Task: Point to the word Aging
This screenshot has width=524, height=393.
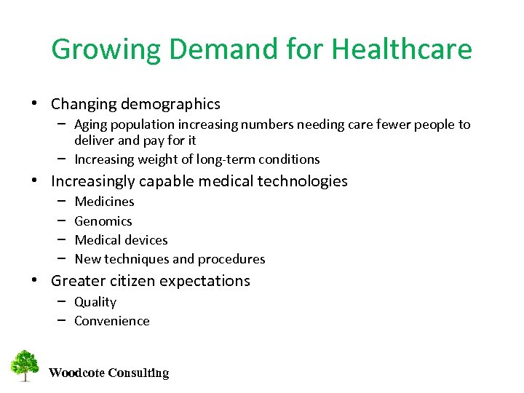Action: (90, 124)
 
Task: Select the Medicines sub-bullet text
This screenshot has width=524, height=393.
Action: (104, 202)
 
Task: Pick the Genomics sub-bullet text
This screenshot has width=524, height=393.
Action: (103, 221)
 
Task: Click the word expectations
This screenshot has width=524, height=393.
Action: (207, 281)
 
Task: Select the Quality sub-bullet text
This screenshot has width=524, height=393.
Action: (95, 302)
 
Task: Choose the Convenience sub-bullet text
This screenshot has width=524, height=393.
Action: (112, 321)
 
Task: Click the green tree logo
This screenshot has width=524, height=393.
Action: (25, 366)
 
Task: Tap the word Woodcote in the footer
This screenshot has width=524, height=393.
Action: (76, 373)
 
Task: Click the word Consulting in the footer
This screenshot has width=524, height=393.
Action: (138, 373)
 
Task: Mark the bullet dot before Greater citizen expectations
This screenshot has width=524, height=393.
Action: (36, 281)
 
